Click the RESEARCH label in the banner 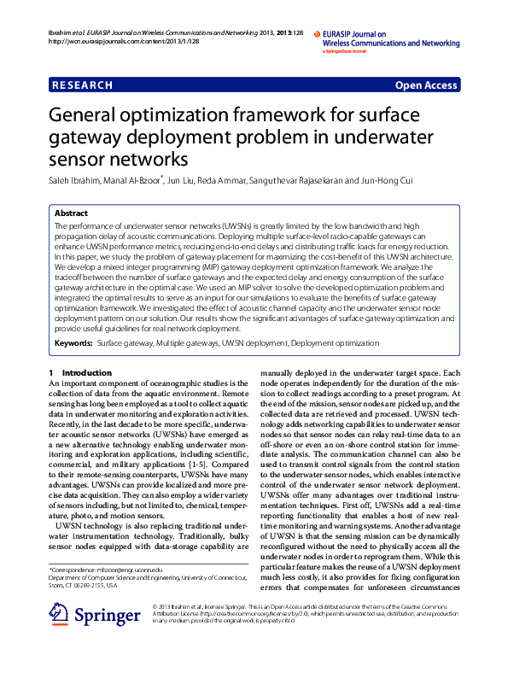[82, 85]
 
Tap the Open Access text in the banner [426, 85]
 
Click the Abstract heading [71, 213]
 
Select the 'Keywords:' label [73, 343]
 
